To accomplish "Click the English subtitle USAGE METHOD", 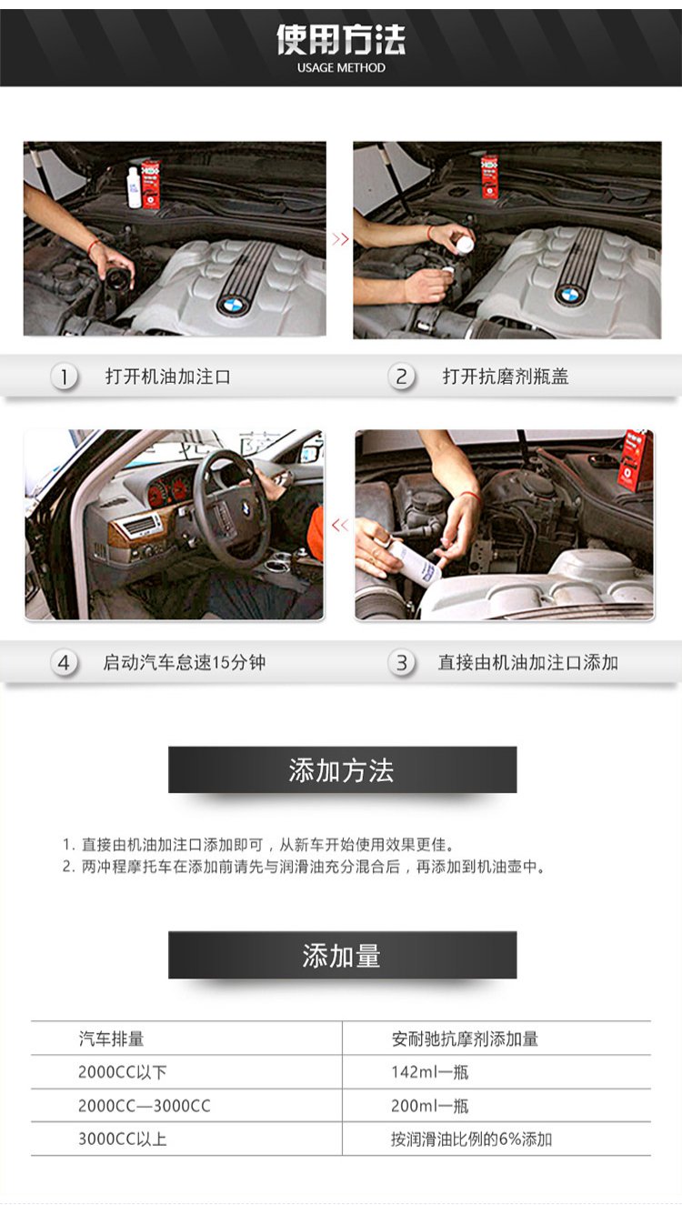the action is coord(341,68).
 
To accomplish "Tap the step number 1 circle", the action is coord(64,377).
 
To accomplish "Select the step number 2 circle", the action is coord(401,377).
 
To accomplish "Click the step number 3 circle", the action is coord(401,663).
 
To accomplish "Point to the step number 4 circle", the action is coord(64,663).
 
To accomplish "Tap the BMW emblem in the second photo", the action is coord(569,295).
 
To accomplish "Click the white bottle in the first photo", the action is coord(134,187).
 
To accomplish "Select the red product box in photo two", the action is coord(489,176).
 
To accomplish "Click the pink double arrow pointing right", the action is coord(340,239).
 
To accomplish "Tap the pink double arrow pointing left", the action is coord(340,525).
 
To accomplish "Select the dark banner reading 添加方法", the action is coord(342,769).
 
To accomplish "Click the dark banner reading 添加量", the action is coord(342,955).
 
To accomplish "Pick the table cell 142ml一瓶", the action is coord(430,1072).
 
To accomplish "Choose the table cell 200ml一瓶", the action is coord(430,1106).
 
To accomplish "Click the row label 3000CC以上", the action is coord(122,1139).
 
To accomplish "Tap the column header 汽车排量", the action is coord(111,1039).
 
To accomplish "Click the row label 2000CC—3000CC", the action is coord(145,1106).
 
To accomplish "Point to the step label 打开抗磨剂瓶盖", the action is coord(506,377).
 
